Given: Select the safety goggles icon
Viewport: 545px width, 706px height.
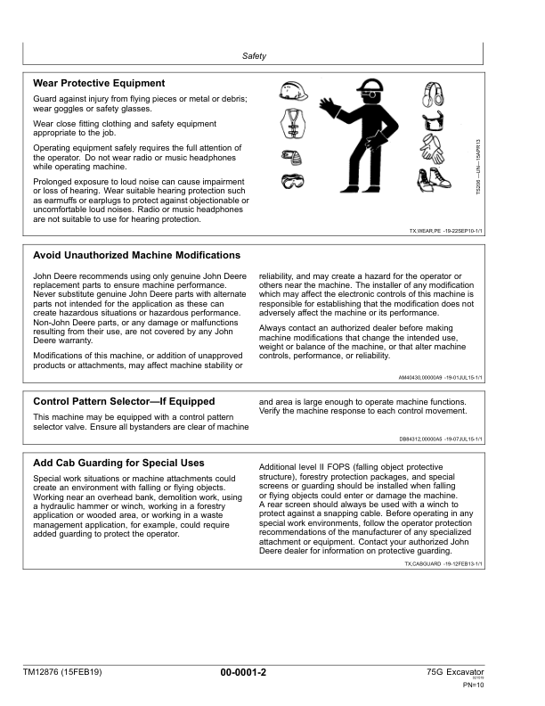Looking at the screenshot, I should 292,183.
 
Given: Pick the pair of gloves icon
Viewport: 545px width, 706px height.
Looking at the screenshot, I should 439,148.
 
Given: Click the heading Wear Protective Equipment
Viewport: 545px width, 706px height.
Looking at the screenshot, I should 99,83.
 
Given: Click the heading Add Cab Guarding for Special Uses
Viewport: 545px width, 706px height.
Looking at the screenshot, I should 118,463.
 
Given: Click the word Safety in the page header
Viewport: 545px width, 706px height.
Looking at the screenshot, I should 255,56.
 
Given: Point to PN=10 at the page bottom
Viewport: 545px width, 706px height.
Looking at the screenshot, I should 473,685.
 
